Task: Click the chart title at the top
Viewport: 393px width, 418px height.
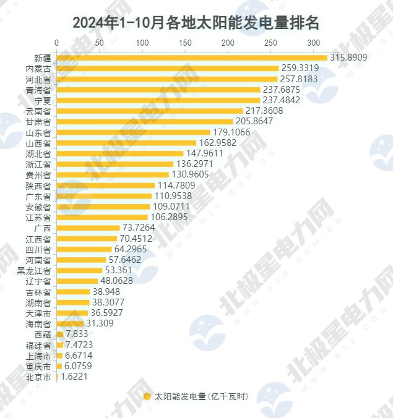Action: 196,23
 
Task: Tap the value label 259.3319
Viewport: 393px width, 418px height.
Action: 300,68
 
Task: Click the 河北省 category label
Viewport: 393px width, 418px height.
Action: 38,79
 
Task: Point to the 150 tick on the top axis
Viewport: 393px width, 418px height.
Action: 185,43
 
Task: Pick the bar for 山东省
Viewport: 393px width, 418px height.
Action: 133,132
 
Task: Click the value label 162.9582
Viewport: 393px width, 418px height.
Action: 218,143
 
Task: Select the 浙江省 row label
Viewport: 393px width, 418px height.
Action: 38,164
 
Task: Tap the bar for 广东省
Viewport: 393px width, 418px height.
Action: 104,196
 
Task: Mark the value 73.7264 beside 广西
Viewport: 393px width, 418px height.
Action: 140,228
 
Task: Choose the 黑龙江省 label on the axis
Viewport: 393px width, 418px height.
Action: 34,271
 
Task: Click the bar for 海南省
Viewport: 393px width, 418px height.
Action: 70,323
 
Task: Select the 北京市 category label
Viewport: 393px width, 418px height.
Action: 38,377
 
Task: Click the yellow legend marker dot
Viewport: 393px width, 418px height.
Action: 147,396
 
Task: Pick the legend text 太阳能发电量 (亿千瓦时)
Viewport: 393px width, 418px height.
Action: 201,396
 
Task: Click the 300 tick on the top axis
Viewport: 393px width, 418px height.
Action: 314,43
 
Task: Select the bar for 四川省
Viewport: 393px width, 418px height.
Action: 84,249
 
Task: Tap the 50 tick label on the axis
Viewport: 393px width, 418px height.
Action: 99,43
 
